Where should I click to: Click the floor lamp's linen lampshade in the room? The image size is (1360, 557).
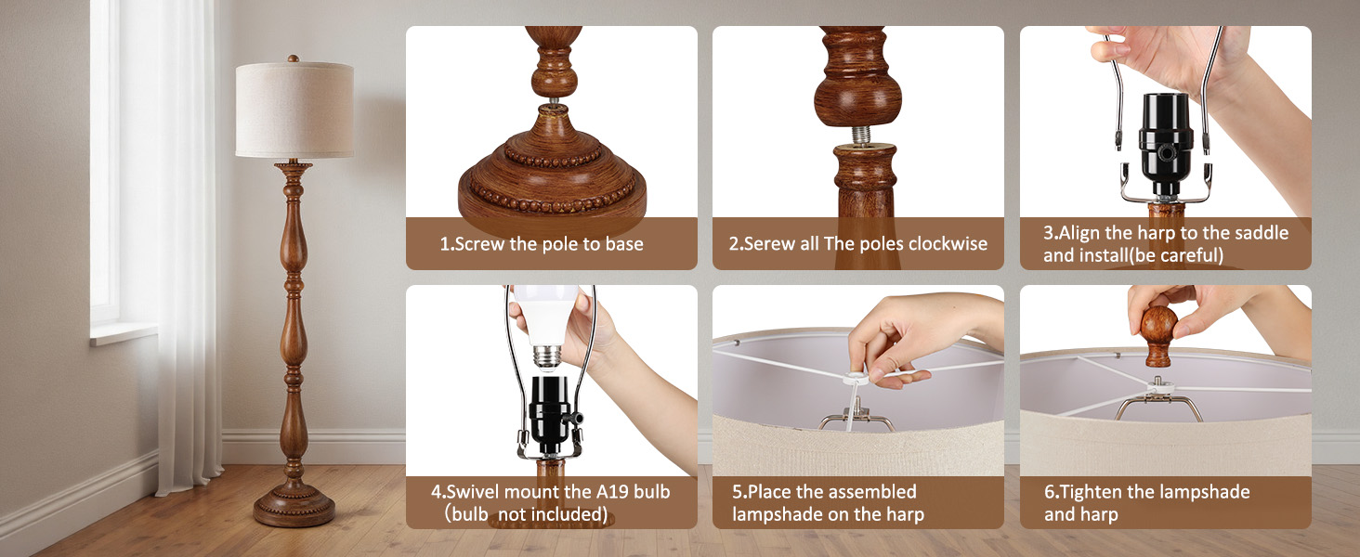(x=294, y=110)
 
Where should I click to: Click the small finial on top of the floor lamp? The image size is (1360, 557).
(x=294, y=58)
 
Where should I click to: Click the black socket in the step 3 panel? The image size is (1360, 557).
(x=1165, y=146)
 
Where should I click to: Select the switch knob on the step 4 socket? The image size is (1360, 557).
(x=574, y=418)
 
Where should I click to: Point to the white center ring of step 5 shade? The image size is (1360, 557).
(x=855, y=379)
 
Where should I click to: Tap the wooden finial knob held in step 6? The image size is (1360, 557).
(x=1158, y=335)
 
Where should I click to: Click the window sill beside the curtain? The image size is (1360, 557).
(x=124, y=333)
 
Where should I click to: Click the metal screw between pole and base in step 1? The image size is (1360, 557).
(x=555, y=100)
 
